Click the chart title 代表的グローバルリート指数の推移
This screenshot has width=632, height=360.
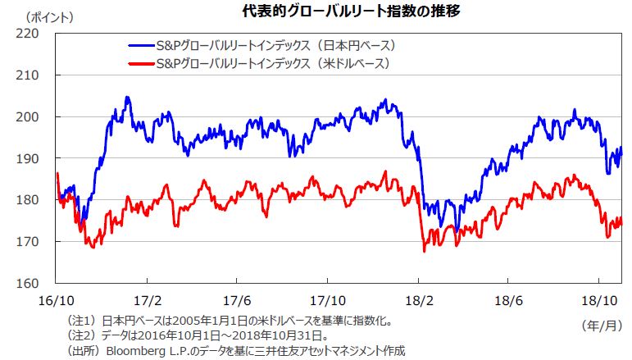316,11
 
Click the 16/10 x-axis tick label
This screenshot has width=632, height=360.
57,299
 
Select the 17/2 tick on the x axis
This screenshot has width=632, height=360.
148,299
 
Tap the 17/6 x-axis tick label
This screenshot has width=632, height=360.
238,299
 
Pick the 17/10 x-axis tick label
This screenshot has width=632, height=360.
329,299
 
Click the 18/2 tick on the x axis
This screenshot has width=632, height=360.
419,299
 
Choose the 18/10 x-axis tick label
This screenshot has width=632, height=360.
602,299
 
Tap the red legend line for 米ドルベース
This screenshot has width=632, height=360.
143,63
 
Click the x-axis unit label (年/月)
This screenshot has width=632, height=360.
602,325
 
